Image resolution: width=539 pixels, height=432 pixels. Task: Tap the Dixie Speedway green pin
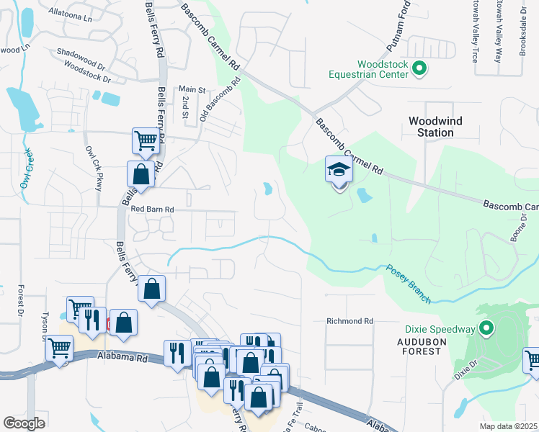(x=486, y=330)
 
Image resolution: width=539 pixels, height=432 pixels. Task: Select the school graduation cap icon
(x=339, y=171)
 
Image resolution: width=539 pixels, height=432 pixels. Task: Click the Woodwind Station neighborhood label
(x=435, y=127)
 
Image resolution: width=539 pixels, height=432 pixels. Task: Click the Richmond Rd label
(x=349, y=321)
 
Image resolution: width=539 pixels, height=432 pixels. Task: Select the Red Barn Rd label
(x=153, y=209)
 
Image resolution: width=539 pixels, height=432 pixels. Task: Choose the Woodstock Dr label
(x=87, y=73)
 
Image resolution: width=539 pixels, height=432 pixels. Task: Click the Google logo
(x=24, y=423)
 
